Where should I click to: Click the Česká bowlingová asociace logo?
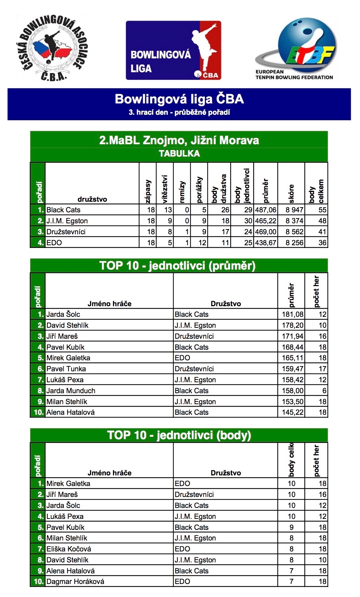tap(52, 48)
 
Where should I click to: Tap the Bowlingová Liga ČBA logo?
tap(173, 50)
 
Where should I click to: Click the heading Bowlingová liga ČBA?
tap(179, 99)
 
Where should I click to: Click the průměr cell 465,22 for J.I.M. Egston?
tap(265, 221)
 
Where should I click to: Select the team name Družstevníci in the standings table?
tap(66, 232)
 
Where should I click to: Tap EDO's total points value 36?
tap(322, 243)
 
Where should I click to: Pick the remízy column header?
tap(182, 192)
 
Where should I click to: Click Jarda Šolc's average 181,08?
tap(293, 314)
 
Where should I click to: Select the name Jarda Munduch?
tap(71, 391)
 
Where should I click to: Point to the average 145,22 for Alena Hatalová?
tap(293, 412)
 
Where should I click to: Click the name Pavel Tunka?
tap(66, 369)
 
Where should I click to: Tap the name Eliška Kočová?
tap(69, 549)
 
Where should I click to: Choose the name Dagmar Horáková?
tap(75, 582)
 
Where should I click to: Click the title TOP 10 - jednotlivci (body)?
tap(179, 435)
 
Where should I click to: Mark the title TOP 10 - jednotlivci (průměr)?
tap(177, 266)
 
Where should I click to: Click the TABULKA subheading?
tap(179, 153)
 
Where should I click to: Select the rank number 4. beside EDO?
tap(40, 243)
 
